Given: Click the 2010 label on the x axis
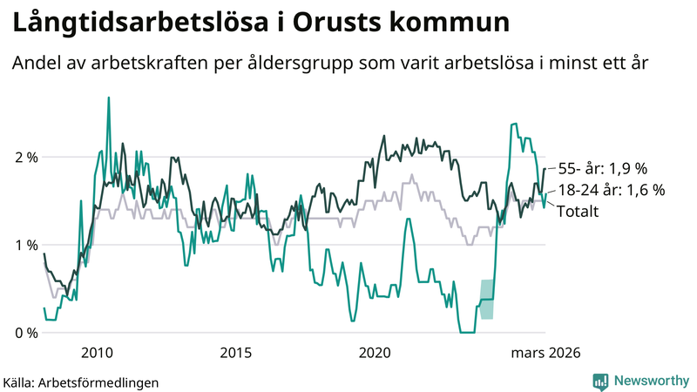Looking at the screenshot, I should (97, 353).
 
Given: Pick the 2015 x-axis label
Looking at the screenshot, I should (235, 353).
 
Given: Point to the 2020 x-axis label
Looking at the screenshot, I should (375, 353).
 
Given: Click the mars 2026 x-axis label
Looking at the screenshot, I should (545, 353).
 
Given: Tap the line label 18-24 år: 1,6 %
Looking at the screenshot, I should (611, 190).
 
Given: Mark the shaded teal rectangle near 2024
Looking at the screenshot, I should (487, 299).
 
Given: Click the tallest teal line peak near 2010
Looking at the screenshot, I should (108, 98).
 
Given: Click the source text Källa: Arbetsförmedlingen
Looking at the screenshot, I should (81, 382).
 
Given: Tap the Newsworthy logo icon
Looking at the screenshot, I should (600, 381).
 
